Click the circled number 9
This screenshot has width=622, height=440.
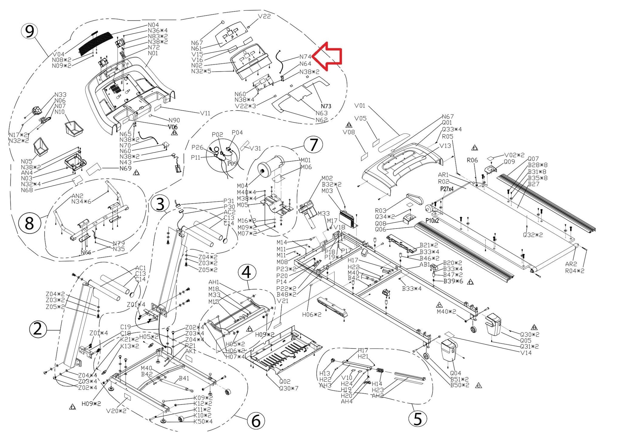pyautogui.click(x=29, y=31)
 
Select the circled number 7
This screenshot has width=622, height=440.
pyautogui.click(x=313, y=145)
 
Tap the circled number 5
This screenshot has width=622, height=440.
pyautogui.click(x=418, y=419)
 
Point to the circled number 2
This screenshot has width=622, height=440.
pyautogui.click(x=38, y=329)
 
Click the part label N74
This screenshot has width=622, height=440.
pyautogui.click(x=305, y=57)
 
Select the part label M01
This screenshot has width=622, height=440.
pyautogui.click(x=306, y=160)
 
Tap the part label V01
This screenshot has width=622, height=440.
pyautogui.click(x=360, y=106)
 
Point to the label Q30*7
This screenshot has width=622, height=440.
pyautogui.click(x=289, y=388)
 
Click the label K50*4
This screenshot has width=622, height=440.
pyautogui.click(x=203, y=421)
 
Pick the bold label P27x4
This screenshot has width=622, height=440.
pyautogui.click(x=447, y=189)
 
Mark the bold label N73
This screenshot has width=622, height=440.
pyautogui.click(x=326, y=106)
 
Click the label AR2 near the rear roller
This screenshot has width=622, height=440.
pyautogui.click(x=571, y=264)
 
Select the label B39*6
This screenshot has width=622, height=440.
pyautogui.click(x=453, y=281)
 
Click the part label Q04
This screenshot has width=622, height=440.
pyautogui.click(x=455, y=373)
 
